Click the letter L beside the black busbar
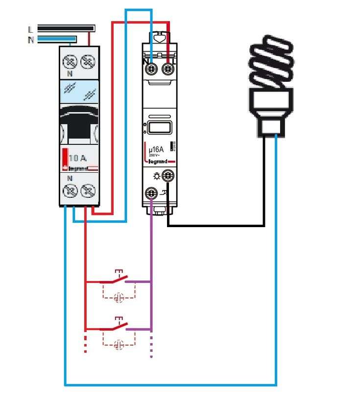[x=30, y=30]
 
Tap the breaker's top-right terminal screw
[x=88, y=62]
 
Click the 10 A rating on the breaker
[x=78, y=158]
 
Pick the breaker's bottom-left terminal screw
[x=71, y=190]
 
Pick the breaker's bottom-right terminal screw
[x=88, y=190]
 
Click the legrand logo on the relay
[x=158, y=161]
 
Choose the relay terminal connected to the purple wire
[x=151, y=193]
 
